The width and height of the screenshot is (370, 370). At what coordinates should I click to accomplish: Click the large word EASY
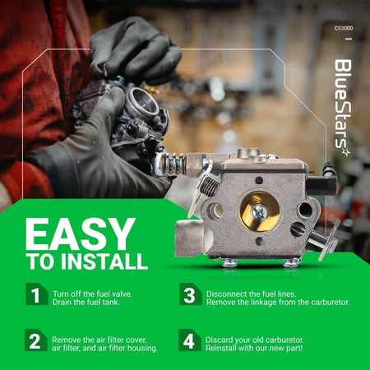tap(81, 234)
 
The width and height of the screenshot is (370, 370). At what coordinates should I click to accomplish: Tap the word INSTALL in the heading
tap(104, 261)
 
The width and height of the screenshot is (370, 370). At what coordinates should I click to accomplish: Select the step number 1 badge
tap(37, 294)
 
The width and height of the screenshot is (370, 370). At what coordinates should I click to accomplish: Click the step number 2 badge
tap(36, 340)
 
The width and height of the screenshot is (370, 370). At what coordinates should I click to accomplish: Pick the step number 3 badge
tap(191, 294)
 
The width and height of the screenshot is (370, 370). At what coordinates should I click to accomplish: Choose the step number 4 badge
tap(190, 340)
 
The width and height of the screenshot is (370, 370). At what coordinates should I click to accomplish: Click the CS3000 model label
tap(344, 28)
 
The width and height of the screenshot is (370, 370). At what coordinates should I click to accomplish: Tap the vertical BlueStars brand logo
tap(343, 108)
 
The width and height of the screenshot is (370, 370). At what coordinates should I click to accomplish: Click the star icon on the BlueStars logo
tap(346, 152)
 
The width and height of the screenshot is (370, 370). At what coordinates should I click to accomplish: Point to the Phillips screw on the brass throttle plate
tap(258, 212)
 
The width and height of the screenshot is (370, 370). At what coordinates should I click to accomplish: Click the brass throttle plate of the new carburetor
tap(259, 211)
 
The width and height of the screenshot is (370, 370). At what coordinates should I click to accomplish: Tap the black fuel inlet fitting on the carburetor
tap(321, 185)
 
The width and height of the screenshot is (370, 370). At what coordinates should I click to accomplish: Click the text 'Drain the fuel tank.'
tap(86, 303)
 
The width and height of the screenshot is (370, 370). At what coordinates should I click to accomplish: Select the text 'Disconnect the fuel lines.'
tap(252, 294)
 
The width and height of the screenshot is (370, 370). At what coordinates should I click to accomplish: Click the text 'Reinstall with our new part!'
tap(254, 348)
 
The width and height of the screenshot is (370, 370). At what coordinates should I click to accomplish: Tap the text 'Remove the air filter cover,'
tap(99, 340)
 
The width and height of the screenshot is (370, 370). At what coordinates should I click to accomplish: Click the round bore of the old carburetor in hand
tap(142, 101)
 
